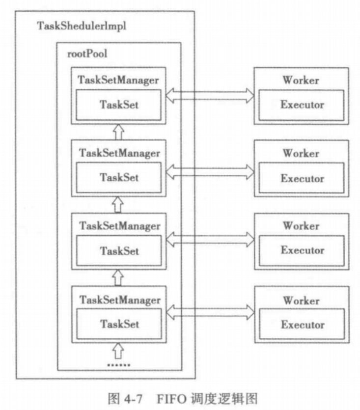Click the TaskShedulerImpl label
click(82, 26)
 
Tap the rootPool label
click(86, 54)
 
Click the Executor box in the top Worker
click(302, 105)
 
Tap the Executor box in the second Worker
click(302, 178)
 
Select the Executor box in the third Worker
click(302, 250)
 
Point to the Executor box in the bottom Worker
click(302, 324)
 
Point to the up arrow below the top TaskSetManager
click(117, 131)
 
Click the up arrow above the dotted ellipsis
click(118, 351)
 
